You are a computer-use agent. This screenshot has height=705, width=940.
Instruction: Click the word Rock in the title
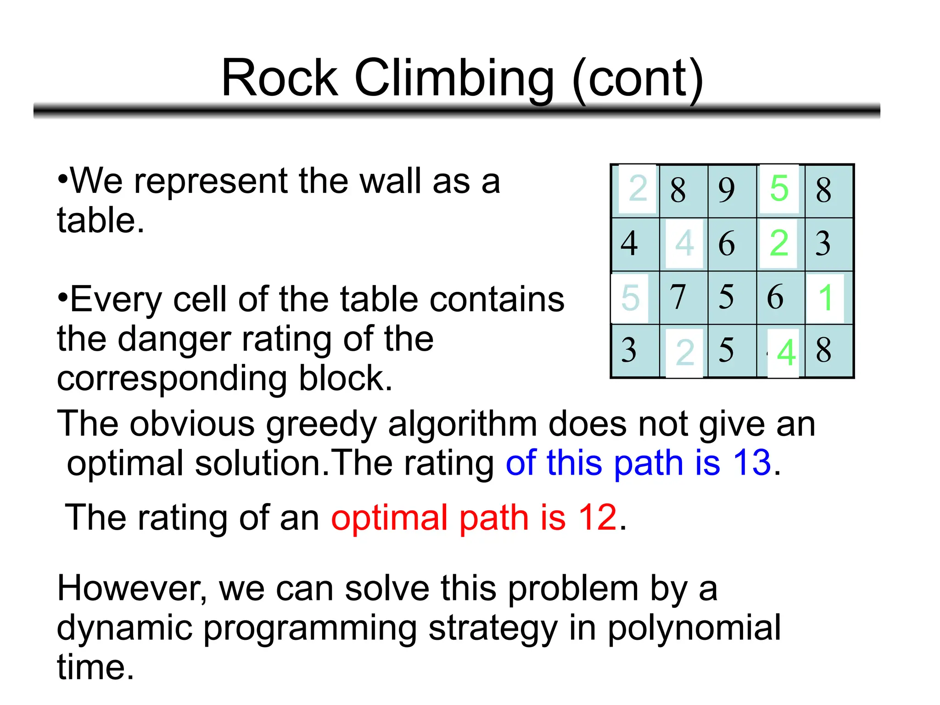click(279, 78)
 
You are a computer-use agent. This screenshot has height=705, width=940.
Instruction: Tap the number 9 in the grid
click(726, 190)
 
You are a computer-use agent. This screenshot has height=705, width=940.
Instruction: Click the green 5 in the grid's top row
click(779, 188)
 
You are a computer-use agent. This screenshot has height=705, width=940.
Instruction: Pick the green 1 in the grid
click(825, 297)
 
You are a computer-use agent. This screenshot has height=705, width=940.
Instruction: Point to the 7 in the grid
click(677, 297)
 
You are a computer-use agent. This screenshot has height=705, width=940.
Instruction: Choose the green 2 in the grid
click(779, 243)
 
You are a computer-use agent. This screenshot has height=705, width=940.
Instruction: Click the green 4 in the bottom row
click(786, 352)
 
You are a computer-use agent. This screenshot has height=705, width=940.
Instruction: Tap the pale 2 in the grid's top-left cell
click(638, 188)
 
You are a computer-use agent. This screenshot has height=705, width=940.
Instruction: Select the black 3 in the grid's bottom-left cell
click(629, 350)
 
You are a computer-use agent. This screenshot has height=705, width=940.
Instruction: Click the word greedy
click(321, 425)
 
